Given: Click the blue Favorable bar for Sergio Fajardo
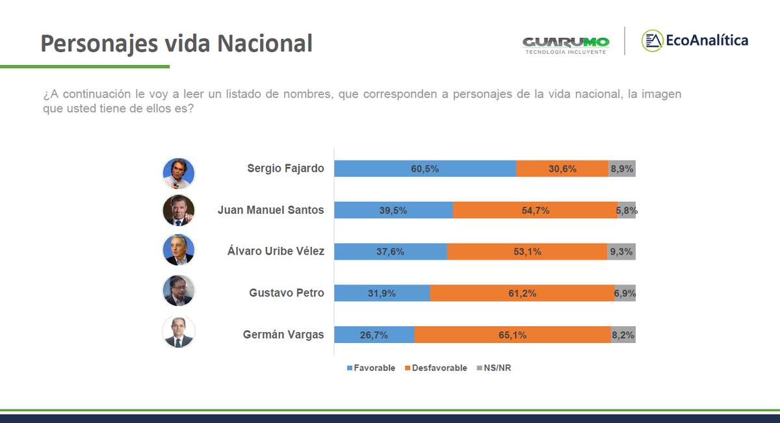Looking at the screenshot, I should point(425,168).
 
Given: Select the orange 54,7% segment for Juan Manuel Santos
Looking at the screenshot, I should point(535,210).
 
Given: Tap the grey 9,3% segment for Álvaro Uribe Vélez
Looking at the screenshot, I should point(621,251).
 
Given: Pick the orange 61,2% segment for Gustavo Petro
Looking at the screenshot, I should point(522,293).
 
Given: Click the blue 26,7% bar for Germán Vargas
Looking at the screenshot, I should point(374,335).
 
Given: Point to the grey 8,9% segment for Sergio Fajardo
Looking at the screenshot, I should point(622,168).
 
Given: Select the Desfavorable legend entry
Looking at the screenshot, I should point(435,368).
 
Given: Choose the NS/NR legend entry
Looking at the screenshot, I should point(495,368).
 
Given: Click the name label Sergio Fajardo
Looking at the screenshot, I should point(285,168).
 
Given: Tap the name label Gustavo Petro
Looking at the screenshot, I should point(287,293).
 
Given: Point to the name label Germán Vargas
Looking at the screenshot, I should point(283,335).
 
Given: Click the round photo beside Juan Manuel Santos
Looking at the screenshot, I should point(179,210).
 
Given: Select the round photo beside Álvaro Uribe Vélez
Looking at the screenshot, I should point(179,250).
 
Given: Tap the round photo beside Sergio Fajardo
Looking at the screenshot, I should point(179,173).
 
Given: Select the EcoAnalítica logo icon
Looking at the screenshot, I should point(652,40).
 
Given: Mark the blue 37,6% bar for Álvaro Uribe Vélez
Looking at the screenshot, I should point(391,251).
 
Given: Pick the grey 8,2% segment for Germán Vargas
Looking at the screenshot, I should point(623,335).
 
